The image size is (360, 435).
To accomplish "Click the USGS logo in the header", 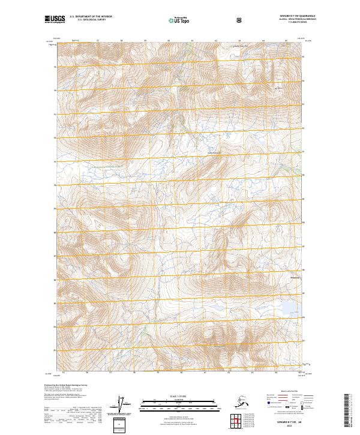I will [55, 19].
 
